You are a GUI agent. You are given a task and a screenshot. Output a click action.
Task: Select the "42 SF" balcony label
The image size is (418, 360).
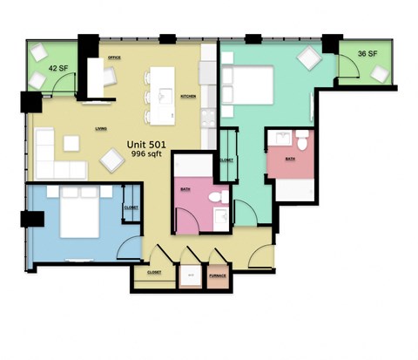[57, 67]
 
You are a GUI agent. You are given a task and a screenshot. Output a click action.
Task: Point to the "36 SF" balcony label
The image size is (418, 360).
[367, 54]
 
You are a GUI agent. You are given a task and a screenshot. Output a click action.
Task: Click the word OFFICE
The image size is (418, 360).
[112, 58]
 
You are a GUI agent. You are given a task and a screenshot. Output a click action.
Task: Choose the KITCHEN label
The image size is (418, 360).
[187, 96]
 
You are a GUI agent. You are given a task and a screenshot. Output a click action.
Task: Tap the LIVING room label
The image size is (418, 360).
[101, 130]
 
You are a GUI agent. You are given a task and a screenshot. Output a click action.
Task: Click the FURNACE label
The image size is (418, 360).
[218, 276]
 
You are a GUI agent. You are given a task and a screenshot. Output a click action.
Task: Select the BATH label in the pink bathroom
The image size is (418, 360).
[185, 188]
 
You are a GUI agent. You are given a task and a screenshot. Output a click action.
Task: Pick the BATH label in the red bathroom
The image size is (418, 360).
[289, 160]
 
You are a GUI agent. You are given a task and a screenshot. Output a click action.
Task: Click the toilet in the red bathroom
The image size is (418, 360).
[302, 139]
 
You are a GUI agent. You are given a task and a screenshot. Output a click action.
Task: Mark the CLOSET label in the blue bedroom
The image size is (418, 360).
[131, 208]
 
